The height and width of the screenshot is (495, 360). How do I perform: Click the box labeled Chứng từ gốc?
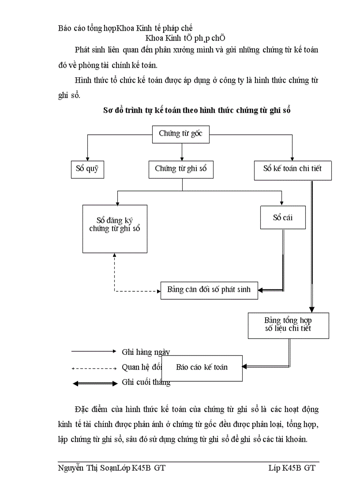point(180,134)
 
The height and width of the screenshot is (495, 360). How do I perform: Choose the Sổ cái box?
point(282,217)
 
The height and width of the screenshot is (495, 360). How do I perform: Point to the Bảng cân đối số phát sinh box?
point(209,290)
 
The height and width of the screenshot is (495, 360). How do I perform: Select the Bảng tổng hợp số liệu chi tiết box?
point(288,325)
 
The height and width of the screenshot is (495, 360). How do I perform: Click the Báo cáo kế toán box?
point(202,368)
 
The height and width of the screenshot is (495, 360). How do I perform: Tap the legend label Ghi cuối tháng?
point(146,383)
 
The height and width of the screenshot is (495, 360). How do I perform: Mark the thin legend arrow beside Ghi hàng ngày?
point(94,351)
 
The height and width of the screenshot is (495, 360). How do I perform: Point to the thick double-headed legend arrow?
point(94,383)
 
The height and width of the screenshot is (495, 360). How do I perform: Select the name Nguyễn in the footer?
point(70,468)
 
